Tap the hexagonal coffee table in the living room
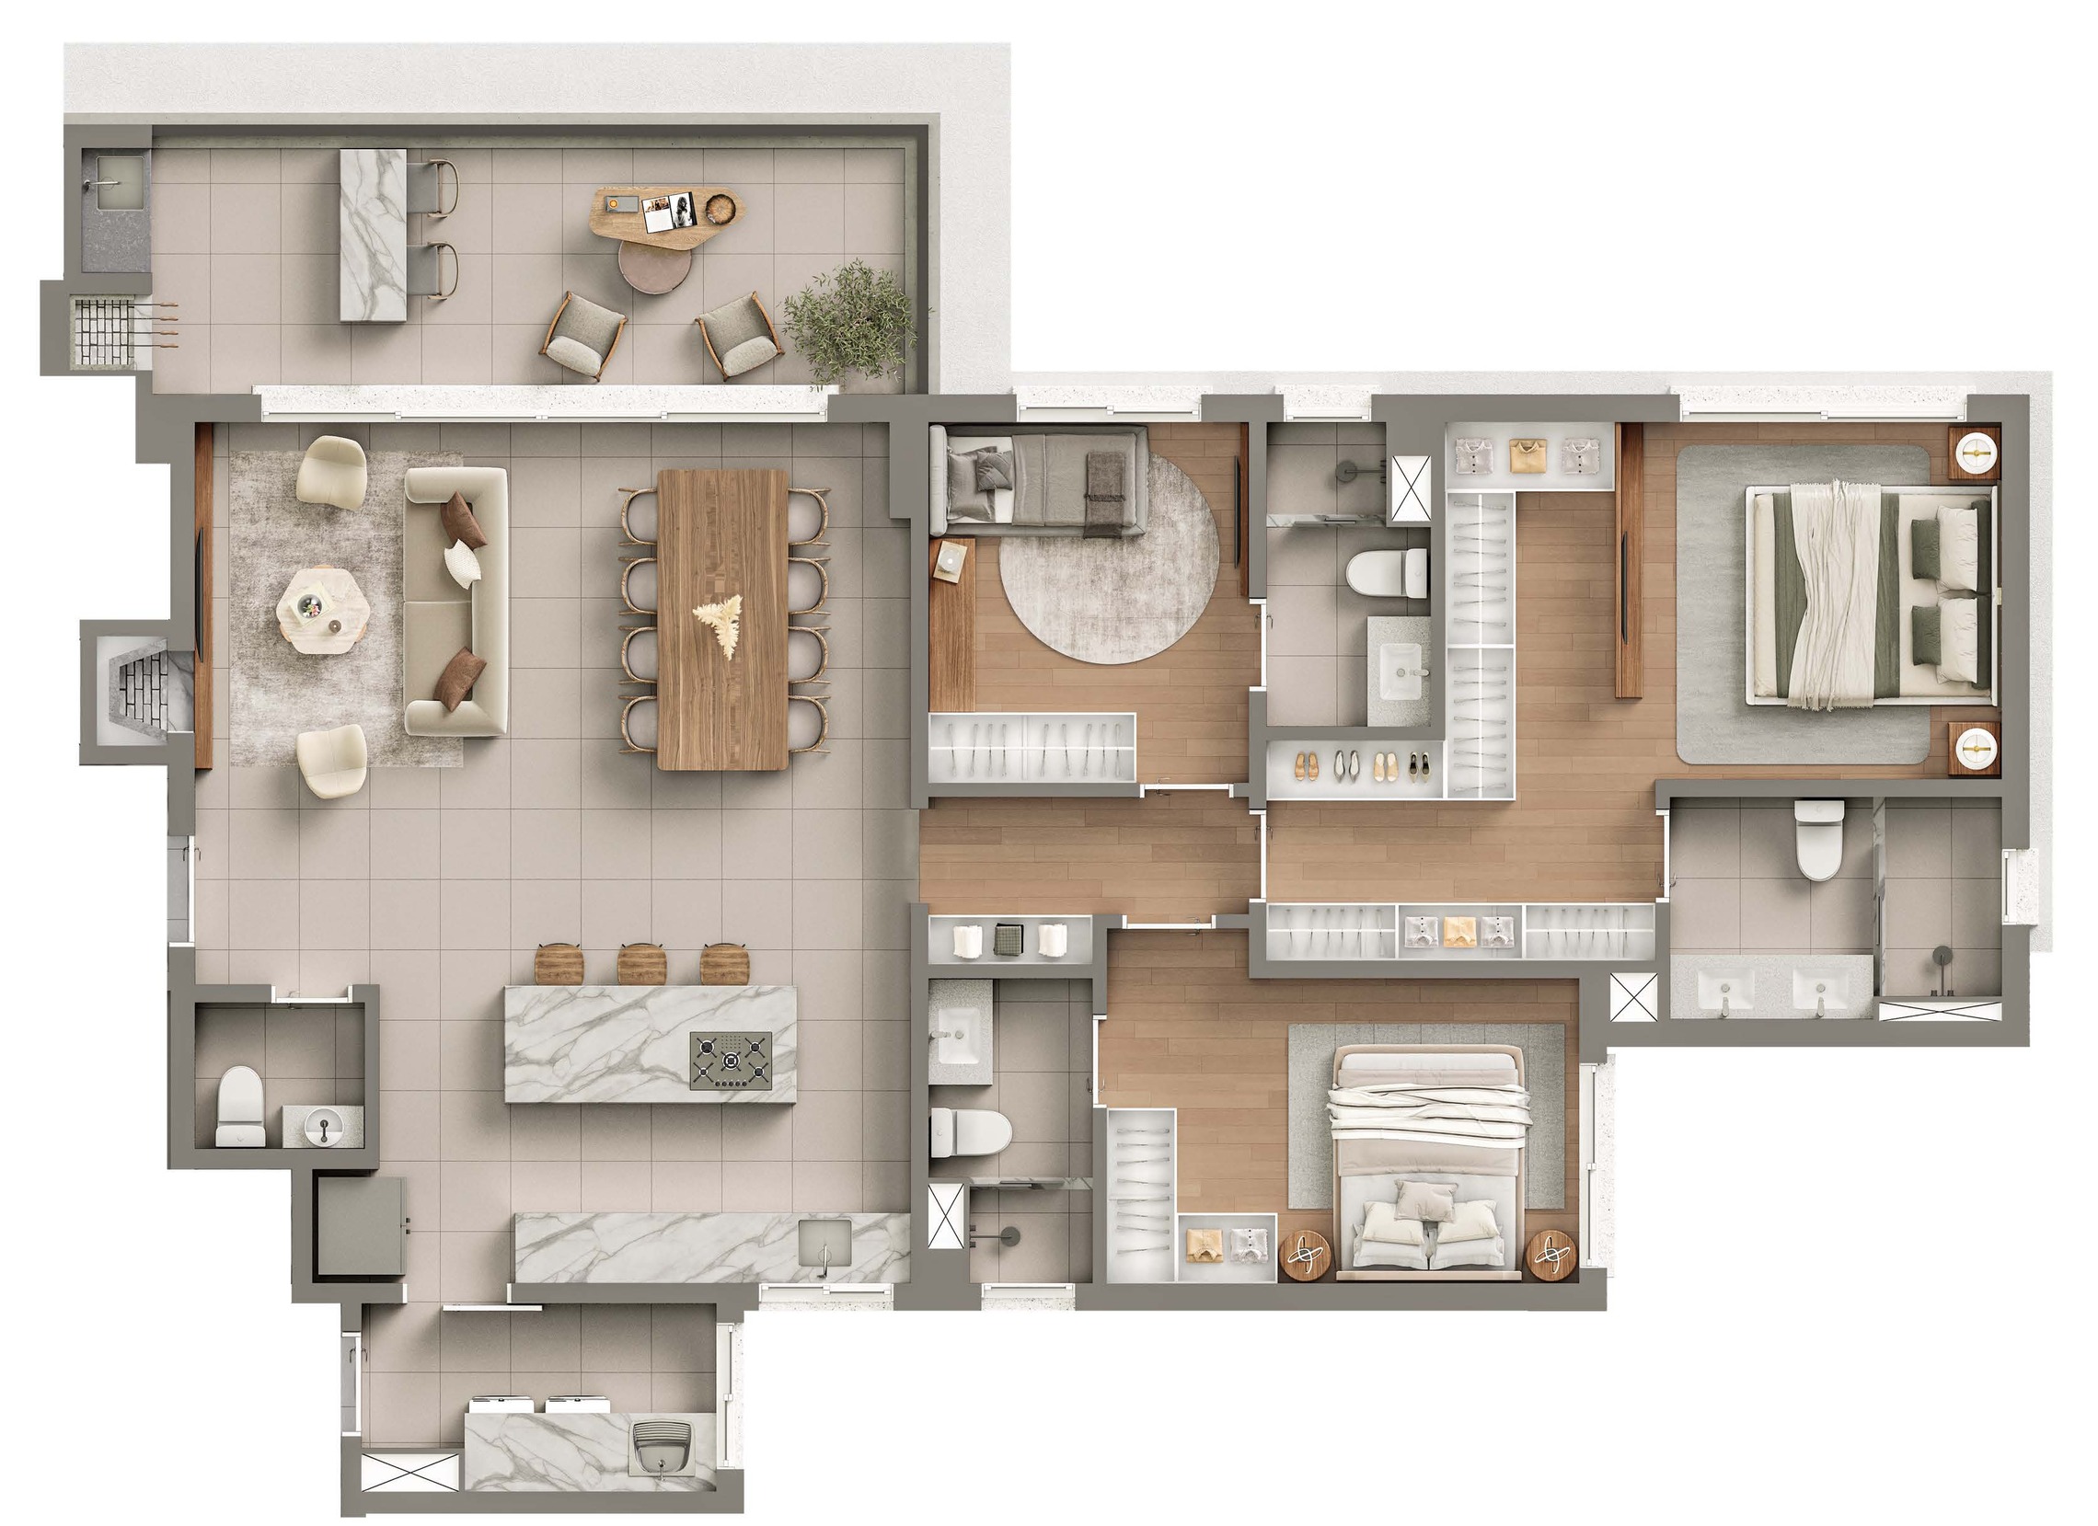click(x=323, y=610)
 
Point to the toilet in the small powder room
click(x=239, y=1106)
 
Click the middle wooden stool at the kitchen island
click(x=642, y=964)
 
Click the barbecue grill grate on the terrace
click(x=104, y=331)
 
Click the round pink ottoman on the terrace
click(x=655, y=270)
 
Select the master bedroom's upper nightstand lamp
click(x=1975, y=452)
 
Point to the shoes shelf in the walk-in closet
click(x=1355, y=767)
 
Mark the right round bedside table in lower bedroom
click(x=1551, y=1255)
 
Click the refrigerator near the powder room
click(x=360, y=1226)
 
